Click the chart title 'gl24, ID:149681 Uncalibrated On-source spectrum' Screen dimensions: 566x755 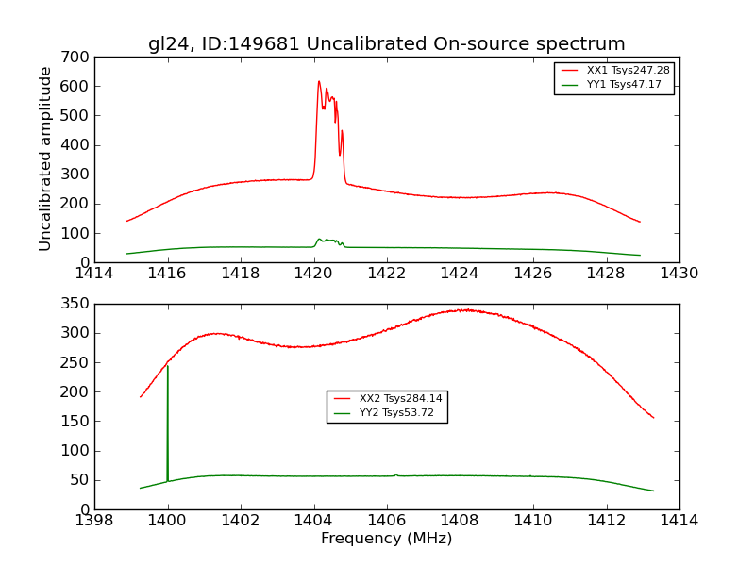386,44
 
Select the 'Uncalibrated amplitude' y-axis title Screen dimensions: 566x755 45,158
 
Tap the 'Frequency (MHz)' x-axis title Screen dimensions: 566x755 386,539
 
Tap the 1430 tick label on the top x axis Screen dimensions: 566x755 679,273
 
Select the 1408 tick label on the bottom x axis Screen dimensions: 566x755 460,520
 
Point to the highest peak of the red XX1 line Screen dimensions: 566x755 319,81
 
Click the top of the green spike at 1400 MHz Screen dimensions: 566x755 167,365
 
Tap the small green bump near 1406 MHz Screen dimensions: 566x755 396,474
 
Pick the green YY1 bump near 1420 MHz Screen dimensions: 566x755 326,240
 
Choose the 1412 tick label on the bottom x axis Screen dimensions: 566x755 606,520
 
